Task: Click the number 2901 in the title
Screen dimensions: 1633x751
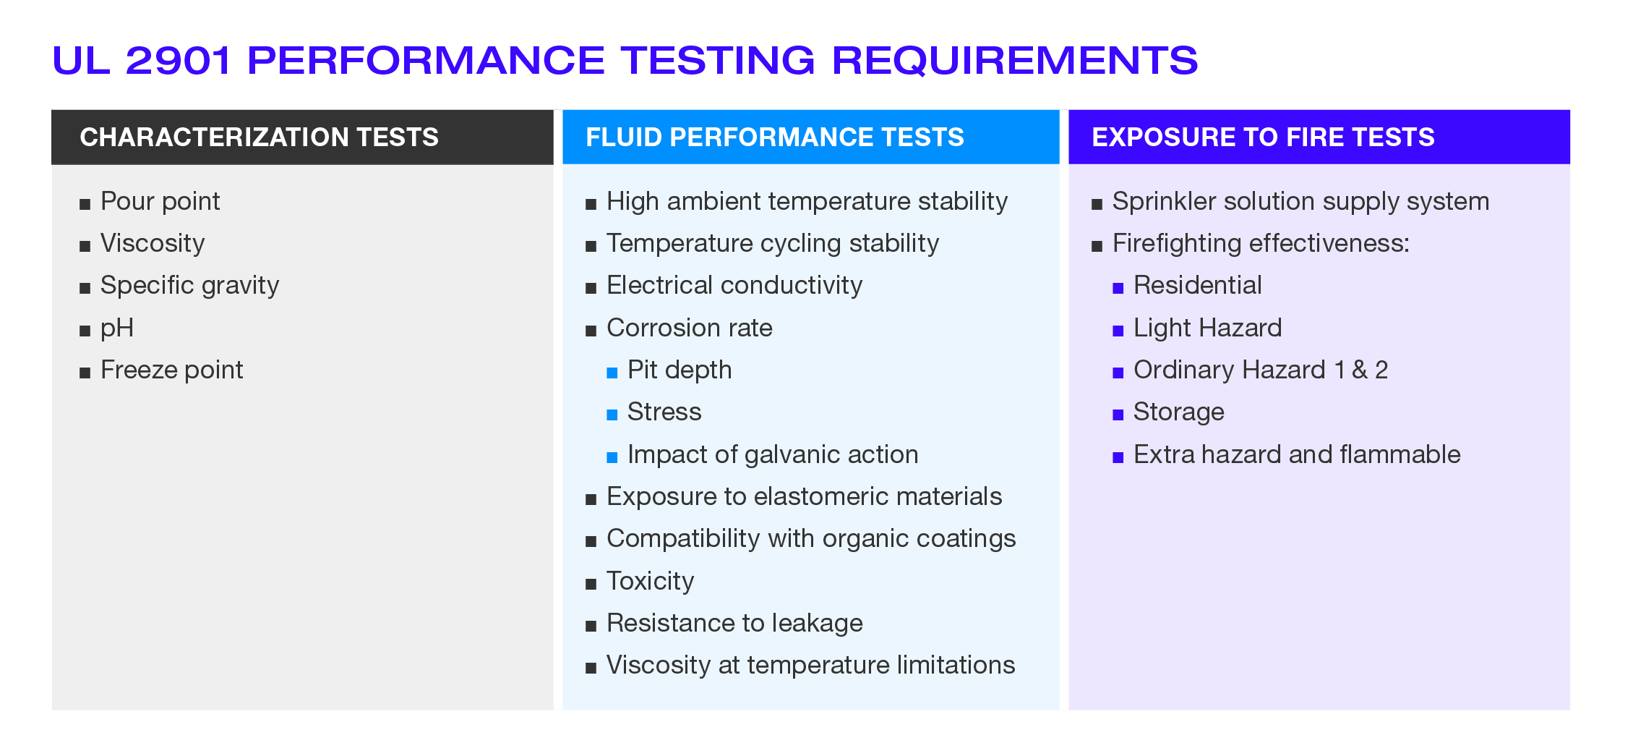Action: click(x=178, y=60)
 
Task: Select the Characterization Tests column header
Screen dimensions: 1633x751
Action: click(x=259, y=137)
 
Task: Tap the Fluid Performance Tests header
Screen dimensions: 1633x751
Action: click(x=774, y=137)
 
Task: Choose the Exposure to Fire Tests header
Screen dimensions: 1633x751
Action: click(x=1263, y=137)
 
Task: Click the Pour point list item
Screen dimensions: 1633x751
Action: click(x=160, y=201)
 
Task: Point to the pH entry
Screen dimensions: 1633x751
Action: click(x=117, y=328)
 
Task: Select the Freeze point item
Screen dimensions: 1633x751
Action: click(x=171, y=370)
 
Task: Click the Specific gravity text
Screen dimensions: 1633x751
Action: click(x=189, y=286)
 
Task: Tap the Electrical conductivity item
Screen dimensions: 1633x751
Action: click(x=734, y=285)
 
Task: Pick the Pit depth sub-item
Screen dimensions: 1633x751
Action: click(x=680, y=370)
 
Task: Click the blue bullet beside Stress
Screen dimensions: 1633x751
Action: click(x=612, y=415)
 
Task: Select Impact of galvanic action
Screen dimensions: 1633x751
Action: click(x=773, y=454)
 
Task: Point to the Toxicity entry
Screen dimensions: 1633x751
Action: click(x=650, y=581)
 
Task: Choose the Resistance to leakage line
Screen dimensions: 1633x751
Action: click(x=734, y=623)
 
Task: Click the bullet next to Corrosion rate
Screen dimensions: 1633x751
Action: click(x=591, y=331)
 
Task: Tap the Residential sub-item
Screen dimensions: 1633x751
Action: click(x=1197, y=285)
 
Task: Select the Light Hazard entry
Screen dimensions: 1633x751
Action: click(x=1207, y=328)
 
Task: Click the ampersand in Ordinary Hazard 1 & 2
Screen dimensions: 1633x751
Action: click(x=1360, y=370)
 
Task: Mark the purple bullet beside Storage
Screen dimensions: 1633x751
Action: click(x=1118, y=415)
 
